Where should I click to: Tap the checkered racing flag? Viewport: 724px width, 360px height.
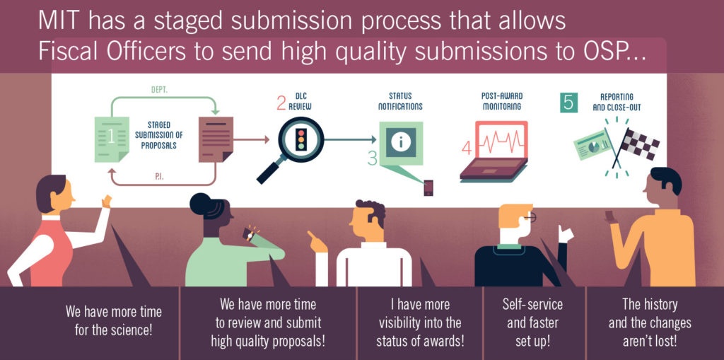coord(640,144)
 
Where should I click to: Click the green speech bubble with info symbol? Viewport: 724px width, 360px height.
coord(400,142)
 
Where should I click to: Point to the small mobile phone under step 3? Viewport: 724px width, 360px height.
coord(428,188)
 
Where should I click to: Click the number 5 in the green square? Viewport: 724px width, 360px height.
coord(568,103)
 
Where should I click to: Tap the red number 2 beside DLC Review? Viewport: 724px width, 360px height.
coord(281,104)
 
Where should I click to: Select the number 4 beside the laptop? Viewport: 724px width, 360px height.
coord(467,149)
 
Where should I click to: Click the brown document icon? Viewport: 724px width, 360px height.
coord(215,139)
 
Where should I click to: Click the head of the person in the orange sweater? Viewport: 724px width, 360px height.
coord(663,187)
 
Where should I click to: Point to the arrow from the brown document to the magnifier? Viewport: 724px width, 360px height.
coord(251,139)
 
